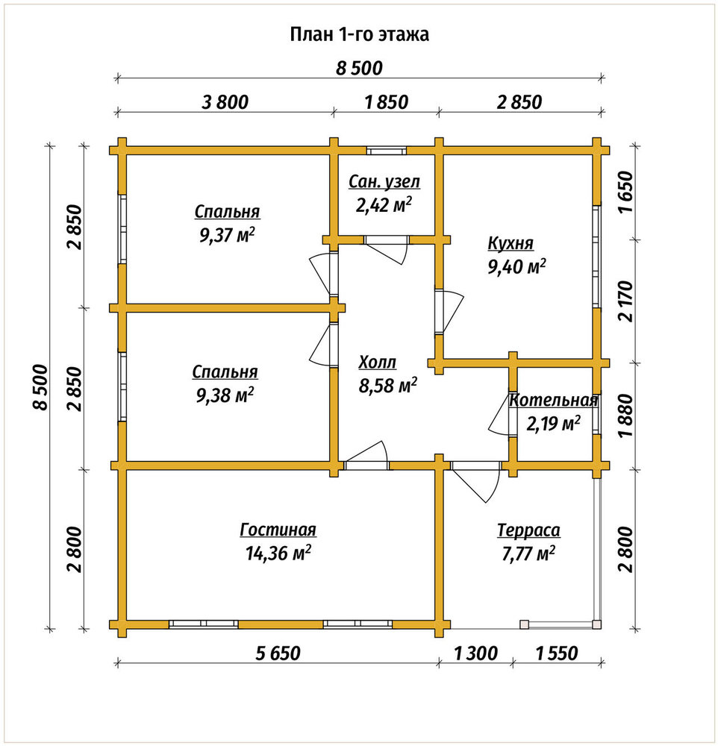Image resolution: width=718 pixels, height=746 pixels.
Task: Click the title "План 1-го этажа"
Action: click(x=360, y=34)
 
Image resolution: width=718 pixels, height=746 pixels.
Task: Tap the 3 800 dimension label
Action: click(x=225, y=101)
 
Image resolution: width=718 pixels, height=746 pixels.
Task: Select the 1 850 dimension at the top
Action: click(x=386, y=101)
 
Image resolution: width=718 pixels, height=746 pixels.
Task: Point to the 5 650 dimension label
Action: click(x=278, y=653)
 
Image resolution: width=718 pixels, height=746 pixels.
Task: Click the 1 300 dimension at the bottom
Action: click(x=475, y=653)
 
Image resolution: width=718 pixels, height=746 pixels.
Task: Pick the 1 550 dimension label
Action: click(x=557, y=653)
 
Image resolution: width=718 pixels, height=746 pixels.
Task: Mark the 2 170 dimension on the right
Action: click(x=628, y=301)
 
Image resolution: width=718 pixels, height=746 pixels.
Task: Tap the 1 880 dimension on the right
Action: click(x=628, y=415)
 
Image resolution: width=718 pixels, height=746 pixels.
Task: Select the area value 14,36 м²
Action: click(x=278, y=553)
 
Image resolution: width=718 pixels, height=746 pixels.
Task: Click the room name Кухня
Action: click(x=511, y=243)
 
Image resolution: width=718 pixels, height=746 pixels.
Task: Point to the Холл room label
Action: click(x=377, y=362)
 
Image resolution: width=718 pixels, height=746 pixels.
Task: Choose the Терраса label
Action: click(x=528, y=530)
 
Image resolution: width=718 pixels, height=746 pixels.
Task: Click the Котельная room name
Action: click(x=553, y=400)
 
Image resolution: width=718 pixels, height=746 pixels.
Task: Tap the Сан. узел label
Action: click(x=384, y=181)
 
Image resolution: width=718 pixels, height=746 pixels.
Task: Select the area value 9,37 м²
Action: click(x=227, y=235)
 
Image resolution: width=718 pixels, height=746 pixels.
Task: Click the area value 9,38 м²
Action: click(x=225, y=395)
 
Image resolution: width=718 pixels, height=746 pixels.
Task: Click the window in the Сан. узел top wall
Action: click(x=386, y=151)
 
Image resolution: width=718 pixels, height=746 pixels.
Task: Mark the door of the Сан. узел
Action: click(x=386, y=249)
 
